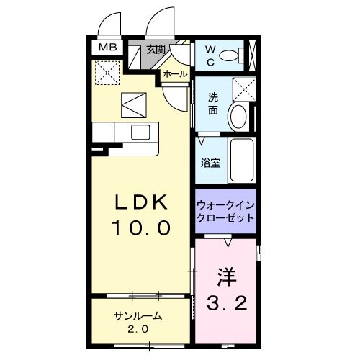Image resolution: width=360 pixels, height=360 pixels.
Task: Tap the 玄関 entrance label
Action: point(156,50)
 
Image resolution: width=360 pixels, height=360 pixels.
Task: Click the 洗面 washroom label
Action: point(214,104)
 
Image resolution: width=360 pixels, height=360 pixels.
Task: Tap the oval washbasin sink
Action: point(238,117)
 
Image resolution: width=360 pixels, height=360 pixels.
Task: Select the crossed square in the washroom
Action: point(245,91)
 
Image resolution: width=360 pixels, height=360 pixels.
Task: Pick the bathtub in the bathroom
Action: point(241,161)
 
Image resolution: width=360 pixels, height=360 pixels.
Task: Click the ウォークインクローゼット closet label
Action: point(225,210)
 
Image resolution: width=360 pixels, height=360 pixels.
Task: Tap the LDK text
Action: point(142,202)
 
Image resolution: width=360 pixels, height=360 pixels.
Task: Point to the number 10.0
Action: point(142,228)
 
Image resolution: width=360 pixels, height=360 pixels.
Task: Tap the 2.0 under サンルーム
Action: point(137,329)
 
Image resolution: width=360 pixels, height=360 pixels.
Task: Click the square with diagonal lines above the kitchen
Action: point(132,105)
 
